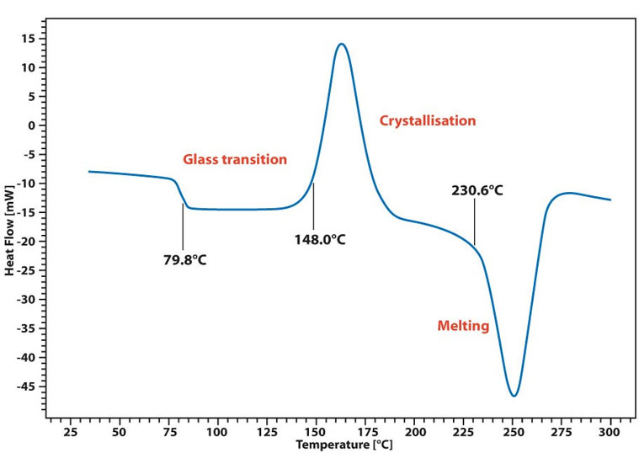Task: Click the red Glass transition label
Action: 235,159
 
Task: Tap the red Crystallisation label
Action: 428,120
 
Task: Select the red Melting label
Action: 462,326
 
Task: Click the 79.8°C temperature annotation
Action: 184,259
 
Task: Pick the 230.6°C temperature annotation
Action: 477,190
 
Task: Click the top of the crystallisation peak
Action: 341,45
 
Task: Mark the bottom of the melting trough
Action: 514,395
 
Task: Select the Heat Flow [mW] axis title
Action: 10,223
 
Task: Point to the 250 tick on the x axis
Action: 513,432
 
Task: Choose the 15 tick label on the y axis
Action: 29,38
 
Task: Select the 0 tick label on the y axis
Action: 32,125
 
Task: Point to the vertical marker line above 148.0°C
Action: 314,205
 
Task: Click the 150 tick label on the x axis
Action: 316,432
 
